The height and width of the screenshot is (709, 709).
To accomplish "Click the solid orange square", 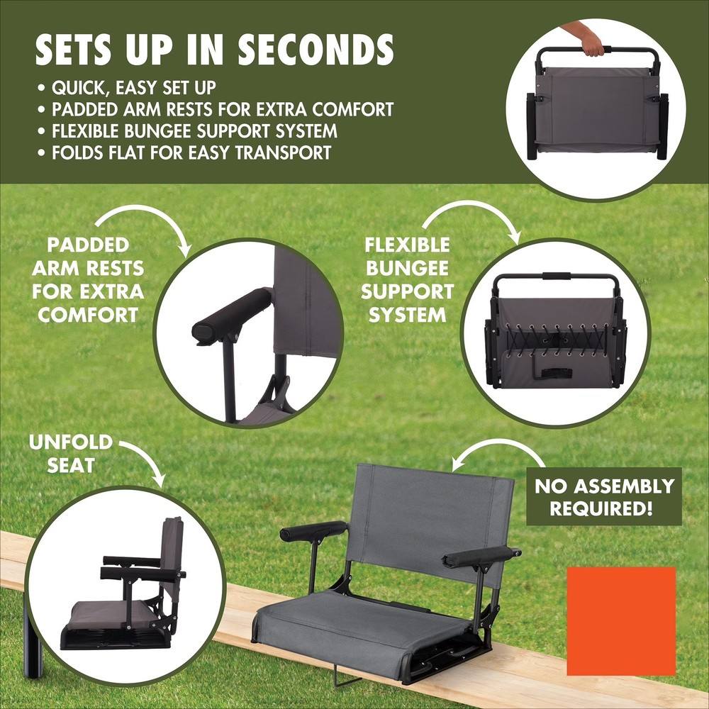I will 621,621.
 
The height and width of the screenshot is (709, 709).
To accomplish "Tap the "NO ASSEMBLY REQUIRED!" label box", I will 603,496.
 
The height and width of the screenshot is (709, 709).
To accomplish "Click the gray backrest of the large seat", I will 432,518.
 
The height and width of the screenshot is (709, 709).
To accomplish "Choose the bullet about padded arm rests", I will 222,110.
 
